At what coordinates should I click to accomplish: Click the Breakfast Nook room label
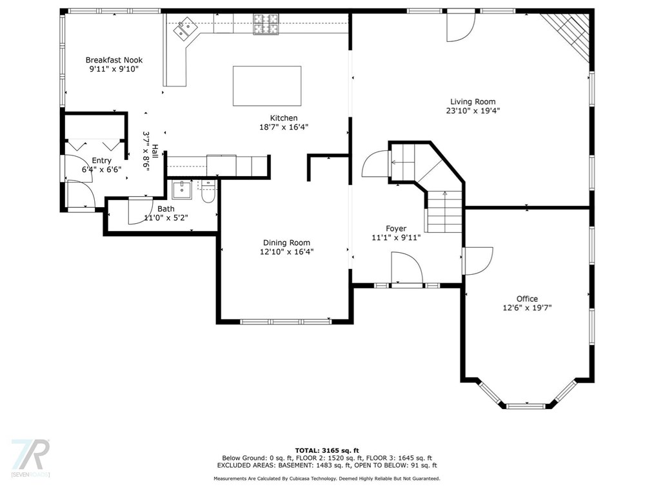pos(114,60)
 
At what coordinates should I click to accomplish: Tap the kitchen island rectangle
pos(267,86)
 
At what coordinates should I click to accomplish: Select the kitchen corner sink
pos(186,29)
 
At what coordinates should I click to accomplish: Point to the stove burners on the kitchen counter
pos(266,25)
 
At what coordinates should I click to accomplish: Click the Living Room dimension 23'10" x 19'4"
pos(473,110)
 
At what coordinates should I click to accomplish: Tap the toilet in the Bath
pos(207,192)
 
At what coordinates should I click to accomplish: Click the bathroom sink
pos(182,190)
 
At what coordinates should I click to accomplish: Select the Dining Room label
pos(286,243)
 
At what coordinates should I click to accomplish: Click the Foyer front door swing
pos(407,268)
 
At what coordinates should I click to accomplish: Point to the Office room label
pos(527,299)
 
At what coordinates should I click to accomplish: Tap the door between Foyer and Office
pos(477,261)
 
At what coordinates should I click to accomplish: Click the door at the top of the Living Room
pos(461,26)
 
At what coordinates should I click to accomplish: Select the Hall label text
pos(155,150)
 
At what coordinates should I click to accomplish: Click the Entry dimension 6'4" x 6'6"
pos(101,170)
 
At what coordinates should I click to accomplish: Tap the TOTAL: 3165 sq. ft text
pos(326,450)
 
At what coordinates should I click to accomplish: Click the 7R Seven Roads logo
pos(30,457)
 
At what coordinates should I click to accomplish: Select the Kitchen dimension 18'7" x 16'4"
pos(284,127)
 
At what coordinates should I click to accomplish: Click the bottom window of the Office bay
pos(527,406)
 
